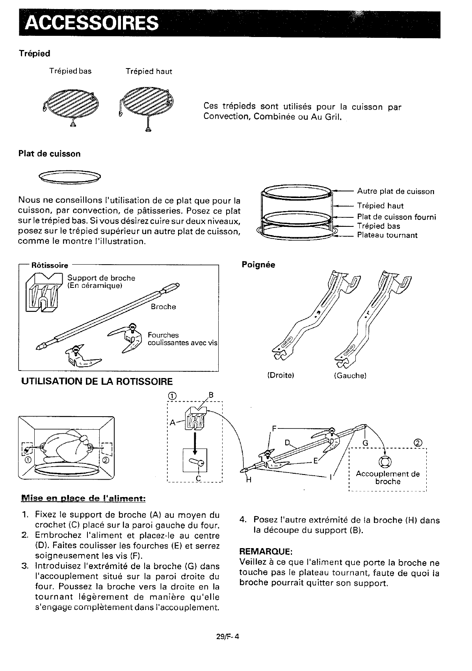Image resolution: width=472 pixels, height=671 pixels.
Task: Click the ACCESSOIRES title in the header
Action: point(91,23)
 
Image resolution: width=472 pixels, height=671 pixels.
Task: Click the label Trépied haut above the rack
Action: point(149,71)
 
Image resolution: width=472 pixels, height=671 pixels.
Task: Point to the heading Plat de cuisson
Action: point(50,154)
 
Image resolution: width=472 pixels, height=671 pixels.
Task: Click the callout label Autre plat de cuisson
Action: point(396,191)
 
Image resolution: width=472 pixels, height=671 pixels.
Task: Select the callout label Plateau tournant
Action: point(387,235)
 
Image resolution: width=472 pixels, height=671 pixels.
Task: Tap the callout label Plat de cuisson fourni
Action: point(396,217)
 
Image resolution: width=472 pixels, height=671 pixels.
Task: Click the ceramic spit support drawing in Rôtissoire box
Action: point(44,292)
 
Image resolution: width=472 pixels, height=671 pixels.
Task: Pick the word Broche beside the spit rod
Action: point(164,307)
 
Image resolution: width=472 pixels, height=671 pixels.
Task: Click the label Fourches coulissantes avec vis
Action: point(182,339)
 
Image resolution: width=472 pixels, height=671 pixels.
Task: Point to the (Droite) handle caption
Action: point(281,375)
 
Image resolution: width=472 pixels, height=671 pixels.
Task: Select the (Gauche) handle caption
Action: point(350,375)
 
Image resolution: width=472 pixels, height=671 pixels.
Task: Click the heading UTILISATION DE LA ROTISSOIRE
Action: point(97,382)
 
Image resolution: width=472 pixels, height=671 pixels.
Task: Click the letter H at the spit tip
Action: point(249,480)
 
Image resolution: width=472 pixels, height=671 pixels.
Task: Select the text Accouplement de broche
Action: point(388,478)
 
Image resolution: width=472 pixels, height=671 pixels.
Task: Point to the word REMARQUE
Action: point(266,551)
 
